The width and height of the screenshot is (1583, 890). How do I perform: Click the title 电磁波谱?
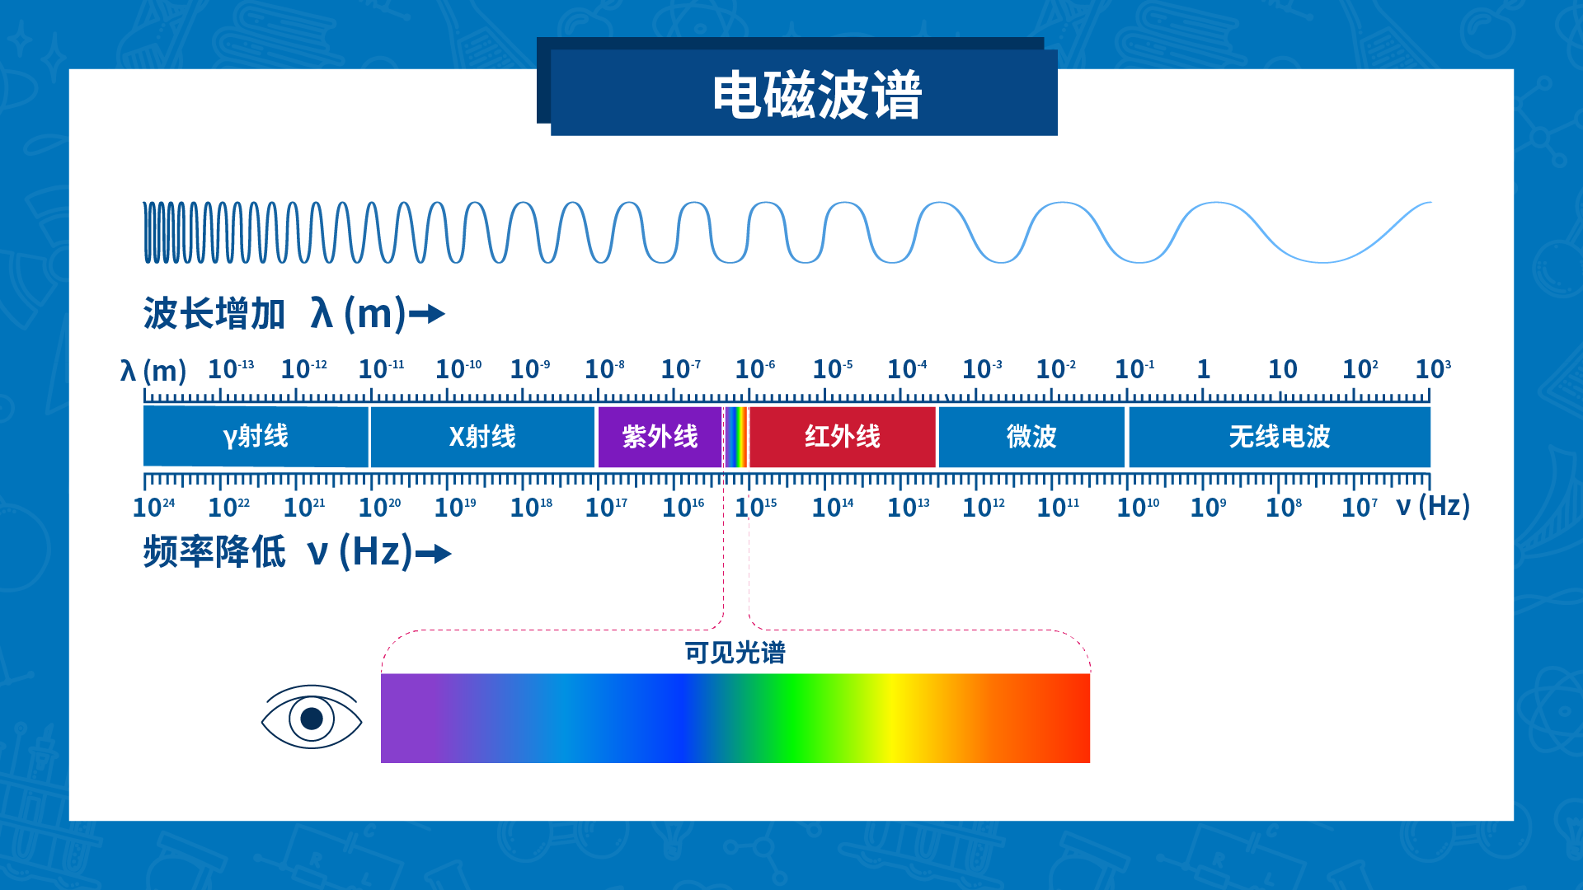[x=817, y=95]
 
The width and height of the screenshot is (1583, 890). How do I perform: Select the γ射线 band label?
[x=256, y=436]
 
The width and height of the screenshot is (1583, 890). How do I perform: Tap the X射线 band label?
[x=482, y=436]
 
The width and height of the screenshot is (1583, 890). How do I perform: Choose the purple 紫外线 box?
[x=660, y=437]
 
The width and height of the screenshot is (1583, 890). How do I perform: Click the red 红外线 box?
[x=843, y=437]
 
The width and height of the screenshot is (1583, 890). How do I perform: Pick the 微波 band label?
[x=1031, y=436]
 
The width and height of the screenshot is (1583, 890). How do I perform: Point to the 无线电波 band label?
[x=1280, y=436]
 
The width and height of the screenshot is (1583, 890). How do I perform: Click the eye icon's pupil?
[x=312, y=719]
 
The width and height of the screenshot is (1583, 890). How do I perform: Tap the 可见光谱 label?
[x=735, y=653]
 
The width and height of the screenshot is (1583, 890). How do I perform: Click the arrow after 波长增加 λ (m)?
[x=427, y=314]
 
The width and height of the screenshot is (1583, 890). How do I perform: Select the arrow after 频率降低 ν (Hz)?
[x=434, y=554]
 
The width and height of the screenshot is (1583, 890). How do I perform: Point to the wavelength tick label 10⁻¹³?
[x=231, y=368]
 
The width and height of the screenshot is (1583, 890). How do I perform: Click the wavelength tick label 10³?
[x=1433, y=368]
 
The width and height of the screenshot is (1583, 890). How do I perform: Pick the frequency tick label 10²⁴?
[x=154, y=507]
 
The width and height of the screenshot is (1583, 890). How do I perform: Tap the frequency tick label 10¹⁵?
[x=756, y=507]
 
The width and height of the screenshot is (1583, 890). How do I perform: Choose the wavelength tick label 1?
[x=1204, y=368]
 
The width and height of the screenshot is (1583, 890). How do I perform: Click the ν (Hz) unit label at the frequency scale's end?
[x=1433, y=505]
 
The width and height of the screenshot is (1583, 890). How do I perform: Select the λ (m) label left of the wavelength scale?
[x=153, y=371]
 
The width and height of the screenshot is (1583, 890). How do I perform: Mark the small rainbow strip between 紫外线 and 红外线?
[x=736, y=437]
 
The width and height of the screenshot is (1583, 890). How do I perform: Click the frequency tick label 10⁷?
[x=1360, y=507]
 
